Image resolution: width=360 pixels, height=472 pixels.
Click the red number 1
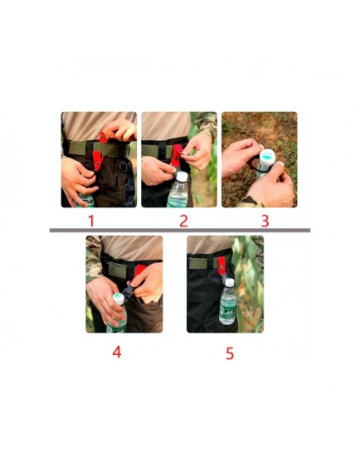click(91, 221)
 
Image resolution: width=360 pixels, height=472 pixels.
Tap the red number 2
click(183, 221)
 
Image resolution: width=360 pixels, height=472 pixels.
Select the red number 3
click(265, 221)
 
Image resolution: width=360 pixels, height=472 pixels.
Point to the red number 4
click(117, 352)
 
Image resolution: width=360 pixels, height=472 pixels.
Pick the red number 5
click(230, 353)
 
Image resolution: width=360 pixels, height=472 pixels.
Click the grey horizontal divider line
click(180, 231)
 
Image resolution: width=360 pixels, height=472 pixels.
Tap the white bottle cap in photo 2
click(182, 176)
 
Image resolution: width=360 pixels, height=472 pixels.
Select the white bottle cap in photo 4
click(119, 299)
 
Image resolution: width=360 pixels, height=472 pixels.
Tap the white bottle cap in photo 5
click(230, 282)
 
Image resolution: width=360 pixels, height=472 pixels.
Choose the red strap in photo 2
click(178, 155)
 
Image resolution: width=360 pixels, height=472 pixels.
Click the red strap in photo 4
click(139, 271)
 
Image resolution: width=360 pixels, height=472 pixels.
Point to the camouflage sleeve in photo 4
click(95, 259)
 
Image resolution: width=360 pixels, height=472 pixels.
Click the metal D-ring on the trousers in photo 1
click(124, 166)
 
